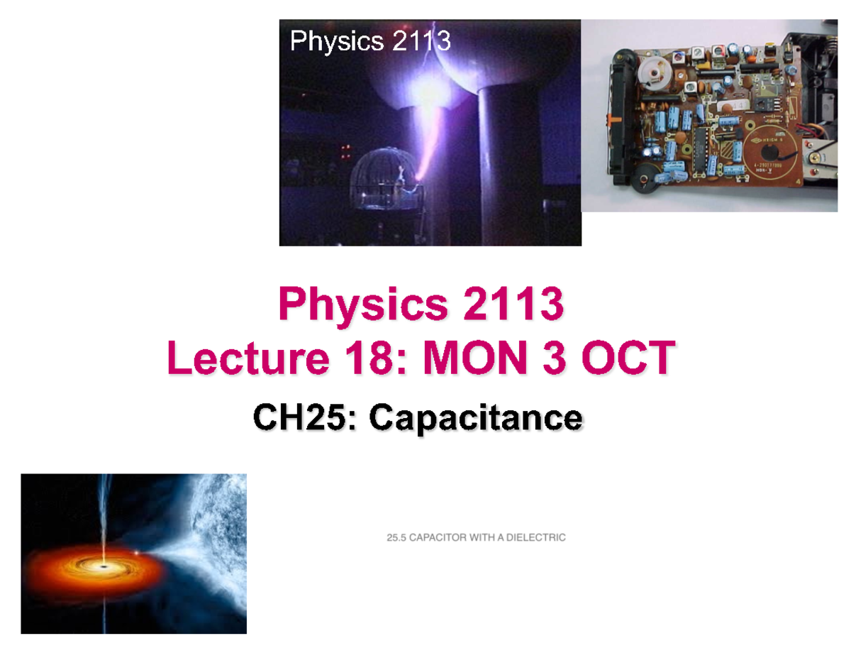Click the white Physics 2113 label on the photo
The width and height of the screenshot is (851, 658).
pos(369,42)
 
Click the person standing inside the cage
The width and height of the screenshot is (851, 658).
pos(402,177)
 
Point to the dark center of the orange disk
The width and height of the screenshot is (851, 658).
pos(105,568)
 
